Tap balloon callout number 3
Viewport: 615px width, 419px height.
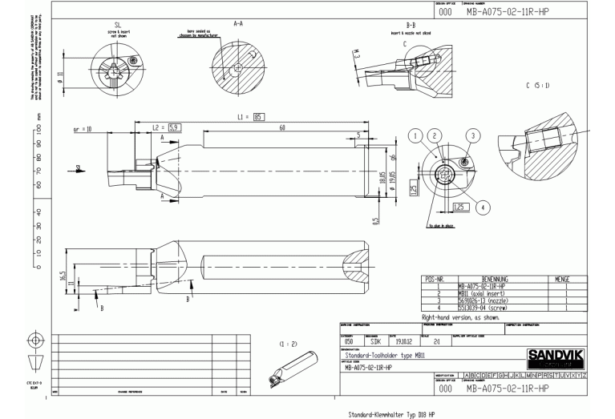474,135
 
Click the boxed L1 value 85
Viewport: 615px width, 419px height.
259,118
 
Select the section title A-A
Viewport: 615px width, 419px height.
237,25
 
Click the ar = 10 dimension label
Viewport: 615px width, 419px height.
83,128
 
